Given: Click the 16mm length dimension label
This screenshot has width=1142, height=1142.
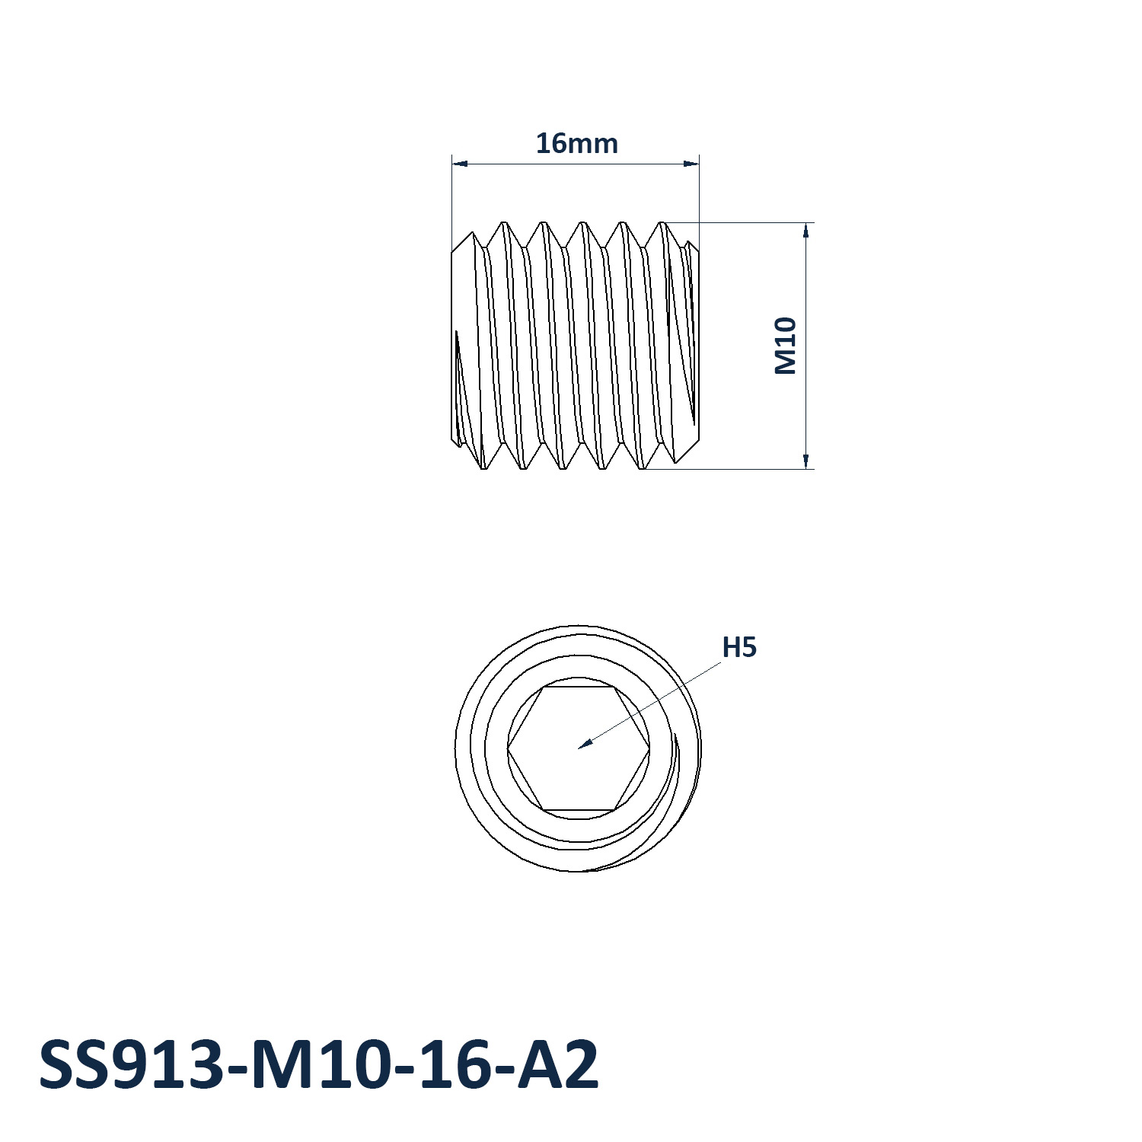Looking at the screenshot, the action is pyautogui.click(x=576, y=143).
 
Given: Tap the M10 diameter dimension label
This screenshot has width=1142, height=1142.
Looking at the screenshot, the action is pyautogui.click(x=785, y=346).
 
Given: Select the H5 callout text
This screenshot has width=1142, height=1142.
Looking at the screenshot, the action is pyautogui.click(x=739, y=647).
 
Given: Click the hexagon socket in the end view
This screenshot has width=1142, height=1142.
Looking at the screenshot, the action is pyautogui.click(x=579, y=748).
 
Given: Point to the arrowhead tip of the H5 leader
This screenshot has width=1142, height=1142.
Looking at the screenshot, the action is pyautogui.click(x=579, y=748).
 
